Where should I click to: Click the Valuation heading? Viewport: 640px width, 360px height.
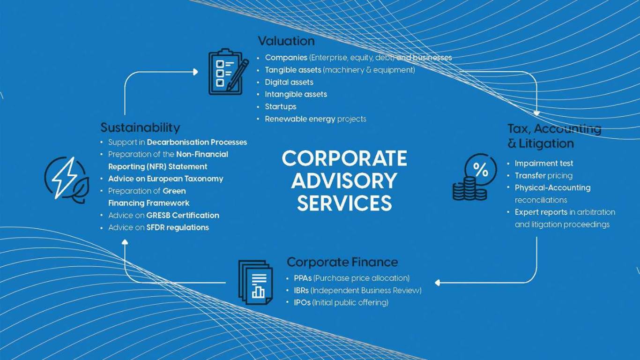point(286,41)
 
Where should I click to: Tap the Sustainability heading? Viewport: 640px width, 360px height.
point(140,127)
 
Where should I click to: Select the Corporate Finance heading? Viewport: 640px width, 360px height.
point(342,262)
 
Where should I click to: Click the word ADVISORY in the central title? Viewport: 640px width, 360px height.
point(344,181)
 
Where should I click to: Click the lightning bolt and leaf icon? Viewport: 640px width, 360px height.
point(67,180)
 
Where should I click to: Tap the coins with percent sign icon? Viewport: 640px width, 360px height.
point(475,177)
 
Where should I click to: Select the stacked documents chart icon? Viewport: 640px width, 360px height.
point(255,283)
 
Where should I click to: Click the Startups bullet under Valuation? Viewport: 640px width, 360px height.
point(281,107)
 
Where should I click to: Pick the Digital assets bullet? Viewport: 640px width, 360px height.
point(289,82)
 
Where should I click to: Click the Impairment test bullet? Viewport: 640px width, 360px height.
point(544,163)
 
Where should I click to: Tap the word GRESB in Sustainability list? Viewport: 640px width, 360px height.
point(158,215)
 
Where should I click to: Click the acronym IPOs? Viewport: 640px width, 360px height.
point(302,302)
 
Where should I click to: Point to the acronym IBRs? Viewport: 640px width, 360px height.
point(301,291)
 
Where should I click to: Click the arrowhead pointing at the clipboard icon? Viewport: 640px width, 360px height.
point(195,72)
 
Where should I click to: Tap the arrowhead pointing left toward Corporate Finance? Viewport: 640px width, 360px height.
point(437,283)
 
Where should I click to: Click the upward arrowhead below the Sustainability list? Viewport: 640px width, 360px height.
point(125,242)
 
